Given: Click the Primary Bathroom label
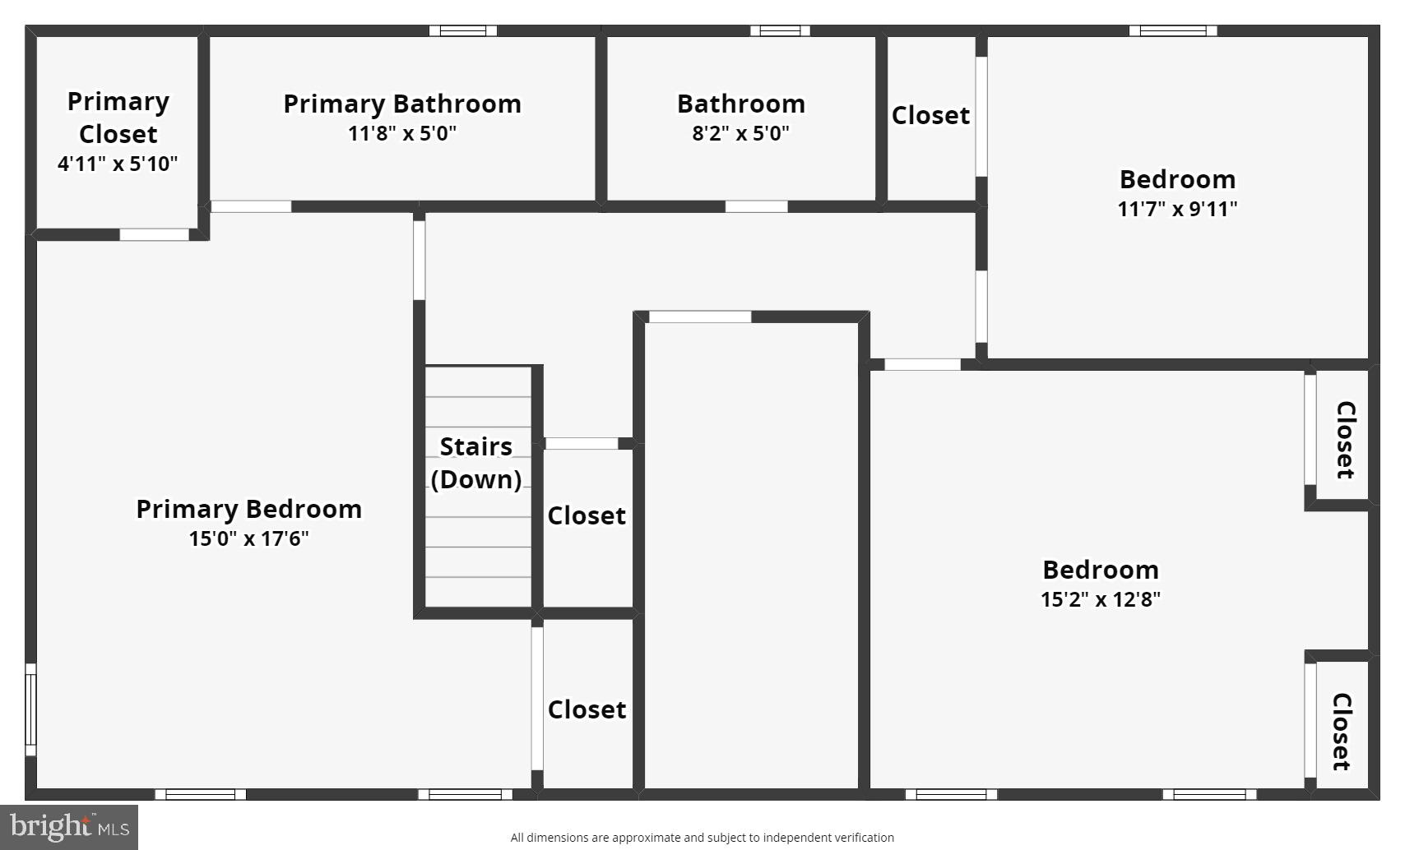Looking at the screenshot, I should (402, 104).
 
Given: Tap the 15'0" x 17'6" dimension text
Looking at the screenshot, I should (248, 538).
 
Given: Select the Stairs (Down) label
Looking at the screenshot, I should (476, 463).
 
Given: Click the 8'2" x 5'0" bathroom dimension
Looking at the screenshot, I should (740, 133).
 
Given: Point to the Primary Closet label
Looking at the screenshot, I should (118, 118).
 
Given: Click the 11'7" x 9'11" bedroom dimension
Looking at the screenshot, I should (1177, 209).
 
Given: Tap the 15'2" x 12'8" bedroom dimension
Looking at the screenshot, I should (1100, 599).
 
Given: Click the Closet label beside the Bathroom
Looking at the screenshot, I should (930, 115).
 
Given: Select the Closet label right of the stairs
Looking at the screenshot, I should (587, 515).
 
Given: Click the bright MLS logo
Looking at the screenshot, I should (69, 826).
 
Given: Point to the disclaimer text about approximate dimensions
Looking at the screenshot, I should (702, 838).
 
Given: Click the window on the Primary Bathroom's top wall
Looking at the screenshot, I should (463, 31).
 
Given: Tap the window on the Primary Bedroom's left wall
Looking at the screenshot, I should (30, 709).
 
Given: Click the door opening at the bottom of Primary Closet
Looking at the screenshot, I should (154, 235).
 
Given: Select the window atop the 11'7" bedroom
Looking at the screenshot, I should (1172, 31).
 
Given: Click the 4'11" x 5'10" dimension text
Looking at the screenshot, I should (118, 164).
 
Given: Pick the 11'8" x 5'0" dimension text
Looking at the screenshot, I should (401, 133).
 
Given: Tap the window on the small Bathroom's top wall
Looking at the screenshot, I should (780, 31).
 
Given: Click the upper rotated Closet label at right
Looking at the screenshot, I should (1344, 440).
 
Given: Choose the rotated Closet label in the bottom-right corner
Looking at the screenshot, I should (1341, 732).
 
